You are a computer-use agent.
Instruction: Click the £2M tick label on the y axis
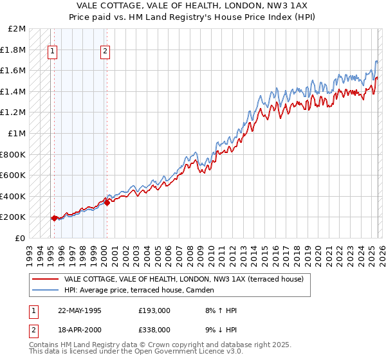17,29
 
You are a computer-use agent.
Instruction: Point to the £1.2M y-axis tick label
14,113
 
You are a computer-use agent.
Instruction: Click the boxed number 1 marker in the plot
53,53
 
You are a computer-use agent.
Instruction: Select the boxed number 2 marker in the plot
105,53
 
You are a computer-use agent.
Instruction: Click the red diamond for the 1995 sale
54,218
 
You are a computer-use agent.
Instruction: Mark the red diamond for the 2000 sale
107,203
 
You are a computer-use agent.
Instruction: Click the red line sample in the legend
45,279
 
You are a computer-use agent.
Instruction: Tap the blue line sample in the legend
45,290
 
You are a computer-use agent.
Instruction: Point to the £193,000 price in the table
154,310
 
